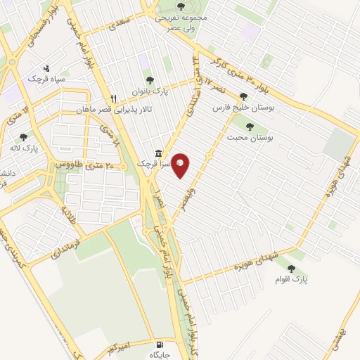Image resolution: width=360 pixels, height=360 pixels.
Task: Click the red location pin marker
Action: [x=181, y=165]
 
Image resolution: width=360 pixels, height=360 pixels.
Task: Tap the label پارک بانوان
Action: [x=148, y=91]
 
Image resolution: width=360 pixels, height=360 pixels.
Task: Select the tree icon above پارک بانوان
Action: [x=148, y=79]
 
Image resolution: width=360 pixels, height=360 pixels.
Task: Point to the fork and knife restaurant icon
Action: [x=112, y=98]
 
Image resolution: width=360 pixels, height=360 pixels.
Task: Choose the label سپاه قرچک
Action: [x=47, y=79]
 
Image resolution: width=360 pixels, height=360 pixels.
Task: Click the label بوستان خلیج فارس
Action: [x=243, y=109]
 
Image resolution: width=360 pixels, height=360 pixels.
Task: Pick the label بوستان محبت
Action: [x=249, y=138]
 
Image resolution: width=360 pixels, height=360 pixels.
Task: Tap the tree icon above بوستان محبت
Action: [x=249, y=127]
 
